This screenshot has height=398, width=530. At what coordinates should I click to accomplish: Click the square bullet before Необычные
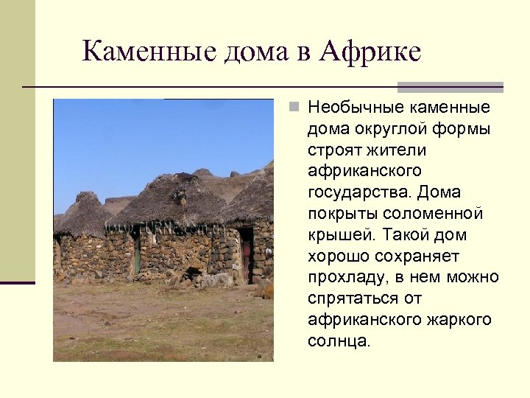pos(294,108)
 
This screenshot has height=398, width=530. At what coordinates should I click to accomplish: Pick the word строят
pos(336,150)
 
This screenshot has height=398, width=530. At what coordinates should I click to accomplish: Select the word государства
pos(358,193)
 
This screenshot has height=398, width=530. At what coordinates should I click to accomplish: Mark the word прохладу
pos(347,279)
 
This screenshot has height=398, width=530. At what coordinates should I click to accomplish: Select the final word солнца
pos(340,342)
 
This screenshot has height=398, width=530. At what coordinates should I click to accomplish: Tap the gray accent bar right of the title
pos(451,87)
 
